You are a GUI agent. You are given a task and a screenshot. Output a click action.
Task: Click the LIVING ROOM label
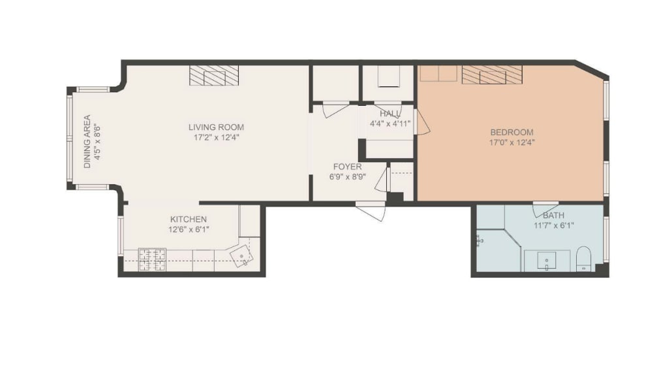tap(216, 127)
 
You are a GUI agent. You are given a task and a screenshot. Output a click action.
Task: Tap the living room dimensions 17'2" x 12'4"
tap(216, 138)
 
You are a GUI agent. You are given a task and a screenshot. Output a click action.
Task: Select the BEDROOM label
tap(512, 132)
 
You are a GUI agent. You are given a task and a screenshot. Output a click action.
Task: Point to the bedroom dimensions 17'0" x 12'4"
tap(512, 142)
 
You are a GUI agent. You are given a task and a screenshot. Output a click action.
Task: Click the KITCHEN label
tap(189, 219)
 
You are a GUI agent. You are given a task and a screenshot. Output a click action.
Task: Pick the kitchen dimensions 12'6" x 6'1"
tap(189, 229)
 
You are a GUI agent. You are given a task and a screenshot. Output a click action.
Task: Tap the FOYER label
tap(347, 167)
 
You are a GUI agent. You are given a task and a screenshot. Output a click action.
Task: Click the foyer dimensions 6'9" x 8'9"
tap(347, 176)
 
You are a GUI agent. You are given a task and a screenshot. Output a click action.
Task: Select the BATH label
tap(554, 216)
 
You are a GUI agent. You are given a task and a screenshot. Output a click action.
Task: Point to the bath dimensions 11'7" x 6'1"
tap(554, 225)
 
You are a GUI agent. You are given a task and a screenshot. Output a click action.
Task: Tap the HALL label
tap(390, 114)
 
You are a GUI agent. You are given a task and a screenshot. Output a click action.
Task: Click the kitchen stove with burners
tap(152, 260)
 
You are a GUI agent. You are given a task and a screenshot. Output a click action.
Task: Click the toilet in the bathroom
tap(583, 259)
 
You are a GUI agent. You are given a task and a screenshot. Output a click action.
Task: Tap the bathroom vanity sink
tap(547, 261)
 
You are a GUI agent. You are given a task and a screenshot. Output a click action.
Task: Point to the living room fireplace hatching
tap(214, 75)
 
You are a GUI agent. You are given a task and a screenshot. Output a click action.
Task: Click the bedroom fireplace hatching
tap(493, 75)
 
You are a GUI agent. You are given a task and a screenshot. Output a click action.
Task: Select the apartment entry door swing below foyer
tap(371, 211)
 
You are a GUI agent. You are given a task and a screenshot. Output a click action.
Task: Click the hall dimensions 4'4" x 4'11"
tap(390, 124)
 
